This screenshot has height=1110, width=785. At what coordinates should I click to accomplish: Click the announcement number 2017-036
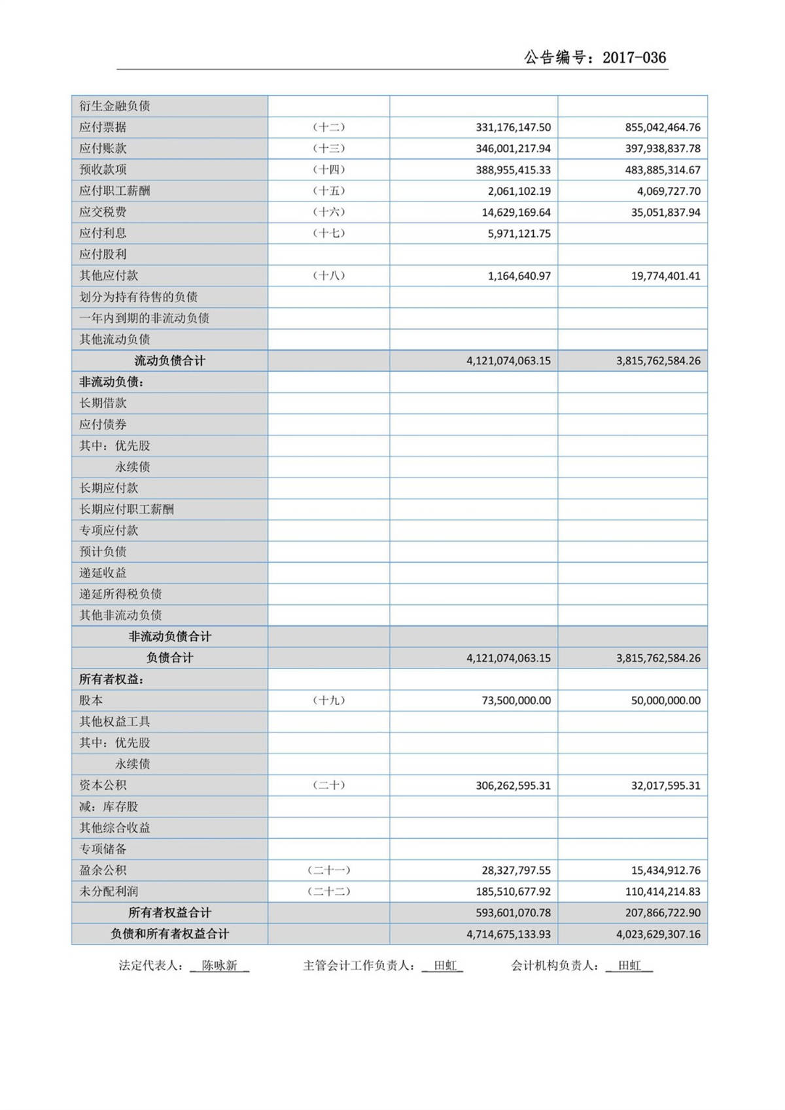(x=634, y=58)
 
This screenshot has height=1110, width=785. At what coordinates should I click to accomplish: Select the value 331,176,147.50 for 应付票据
(x=513, y=128)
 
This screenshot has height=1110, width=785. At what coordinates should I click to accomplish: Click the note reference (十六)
(x=328, y=212)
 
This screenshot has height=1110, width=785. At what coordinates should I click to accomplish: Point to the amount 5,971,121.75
(x=519, y=234)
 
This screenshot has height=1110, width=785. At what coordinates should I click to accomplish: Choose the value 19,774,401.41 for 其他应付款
(x=665, y=276)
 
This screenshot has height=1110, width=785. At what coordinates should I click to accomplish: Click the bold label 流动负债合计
(x=169, y=360)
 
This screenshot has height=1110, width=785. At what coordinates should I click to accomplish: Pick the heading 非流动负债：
(x=111, y=382)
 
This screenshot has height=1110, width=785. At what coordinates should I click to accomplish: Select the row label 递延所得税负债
(x=120, y=594)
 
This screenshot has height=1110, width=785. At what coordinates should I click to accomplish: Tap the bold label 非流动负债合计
(x=169, y=636)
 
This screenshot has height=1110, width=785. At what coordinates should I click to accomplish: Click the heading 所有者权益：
(x=111, y=679)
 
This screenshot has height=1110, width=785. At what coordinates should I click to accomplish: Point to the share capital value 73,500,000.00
(x=516, y=701)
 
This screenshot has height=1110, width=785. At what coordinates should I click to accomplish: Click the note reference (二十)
(x=328, y=785)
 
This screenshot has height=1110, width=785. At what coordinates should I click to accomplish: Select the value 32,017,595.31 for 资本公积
(x=665, y=786)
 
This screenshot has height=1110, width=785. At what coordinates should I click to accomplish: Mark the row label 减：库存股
(x=109, y=806)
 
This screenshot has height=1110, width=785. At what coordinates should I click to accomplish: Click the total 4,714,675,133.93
(x=508, y=934)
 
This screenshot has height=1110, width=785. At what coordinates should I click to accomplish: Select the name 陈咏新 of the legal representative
(x=219, y=965)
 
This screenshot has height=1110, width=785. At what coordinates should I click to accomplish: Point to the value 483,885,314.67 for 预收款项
(x=662, y=170)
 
